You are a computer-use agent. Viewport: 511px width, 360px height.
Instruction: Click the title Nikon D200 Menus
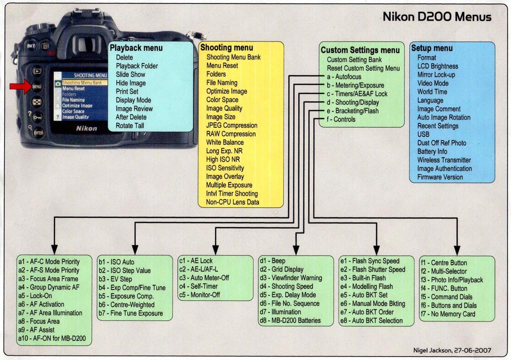pyautogui.click(x=437, y=16)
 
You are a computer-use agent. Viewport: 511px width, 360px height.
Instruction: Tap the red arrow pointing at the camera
pyautogui.click(x=20, y=86)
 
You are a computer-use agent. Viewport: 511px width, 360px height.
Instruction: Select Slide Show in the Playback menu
pyautogui.click(x=130, y=74)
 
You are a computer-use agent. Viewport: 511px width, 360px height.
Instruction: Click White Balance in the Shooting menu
pyautogui.click(x=225, y=142)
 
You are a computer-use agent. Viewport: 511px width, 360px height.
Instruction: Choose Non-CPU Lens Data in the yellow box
pyautogui.click(x=233, y=202)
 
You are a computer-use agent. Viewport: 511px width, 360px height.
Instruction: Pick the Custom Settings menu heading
pyautogui.click(x=360, y=50)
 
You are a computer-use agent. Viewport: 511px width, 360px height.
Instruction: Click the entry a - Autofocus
pyautogui.click(x=344, y=76)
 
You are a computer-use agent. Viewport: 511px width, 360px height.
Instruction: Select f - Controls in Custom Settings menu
pyautogui.click(x=341, y=119)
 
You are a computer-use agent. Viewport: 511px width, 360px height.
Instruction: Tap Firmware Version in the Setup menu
pyautogui.click(x=440, y=177)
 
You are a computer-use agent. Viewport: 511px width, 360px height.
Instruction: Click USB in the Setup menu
pyautogui.click(x=423, y=134)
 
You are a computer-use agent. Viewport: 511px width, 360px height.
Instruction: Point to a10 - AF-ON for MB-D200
pyautogui.click(x=52, y=338)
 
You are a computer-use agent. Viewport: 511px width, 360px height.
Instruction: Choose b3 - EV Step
pyautogui.click(x=115, y=279)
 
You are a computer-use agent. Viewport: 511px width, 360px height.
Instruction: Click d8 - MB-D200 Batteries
pyautogui.click(x=290, y=321)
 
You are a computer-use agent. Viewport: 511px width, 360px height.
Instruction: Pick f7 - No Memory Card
pyautogui.click(x=448, y=314)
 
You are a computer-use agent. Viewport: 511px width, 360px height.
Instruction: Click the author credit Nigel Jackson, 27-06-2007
pyautogui.click(x=452, y=350)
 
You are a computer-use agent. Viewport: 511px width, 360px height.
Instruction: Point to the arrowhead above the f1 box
pyautogui.click(x=457, y=250)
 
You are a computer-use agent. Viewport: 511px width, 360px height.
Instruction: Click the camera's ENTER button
pyautogui.click(x=38, y=133)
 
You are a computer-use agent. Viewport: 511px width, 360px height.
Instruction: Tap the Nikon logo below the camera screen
pyautogui.click(x=86, y=128)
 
